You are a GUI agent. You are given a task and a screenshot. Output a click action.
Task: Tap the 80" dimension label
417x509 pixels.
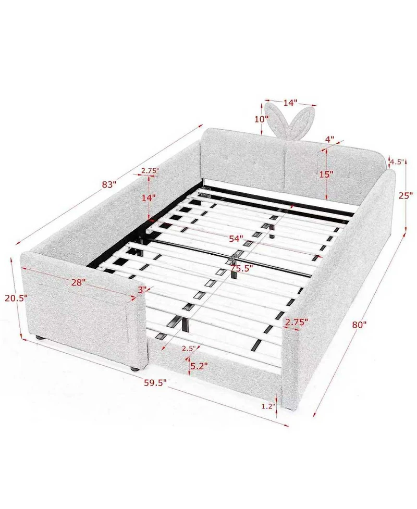pos(359,325)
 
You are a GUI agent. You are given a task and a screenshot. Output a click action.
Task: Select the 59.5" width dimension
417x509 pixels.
pos(155,383)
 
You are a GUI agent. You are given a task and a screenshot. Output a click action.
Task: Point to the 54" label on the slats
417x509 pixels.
pos(236,239)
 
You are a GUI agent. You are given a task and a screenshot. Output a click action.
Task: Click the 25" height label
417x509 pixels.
pos(406,195)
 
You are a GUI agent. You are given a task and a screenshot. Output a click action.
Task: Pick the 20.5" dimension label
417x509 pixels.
pos(16,299)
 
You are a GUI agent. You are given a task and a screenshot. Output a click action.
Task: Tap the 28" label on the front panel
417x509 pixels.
pos(79,282)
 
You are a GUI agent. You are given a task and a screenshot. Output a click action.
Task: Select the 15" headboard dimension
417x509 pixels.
pos(326,174)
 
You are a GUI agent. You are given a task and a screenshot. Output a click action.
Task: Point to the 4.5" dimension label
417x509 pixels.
pos(397,162)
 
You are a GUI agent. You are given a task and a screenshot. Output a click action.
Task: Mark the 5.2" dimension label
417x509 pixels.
pos(199,366)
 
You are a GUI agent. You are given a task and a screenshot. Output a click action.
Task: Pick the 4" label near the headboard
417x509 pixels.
pos(329,139)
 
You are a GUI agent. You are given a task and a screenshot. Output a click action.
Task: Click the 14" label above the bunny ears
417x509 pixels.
pos(290,103)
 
